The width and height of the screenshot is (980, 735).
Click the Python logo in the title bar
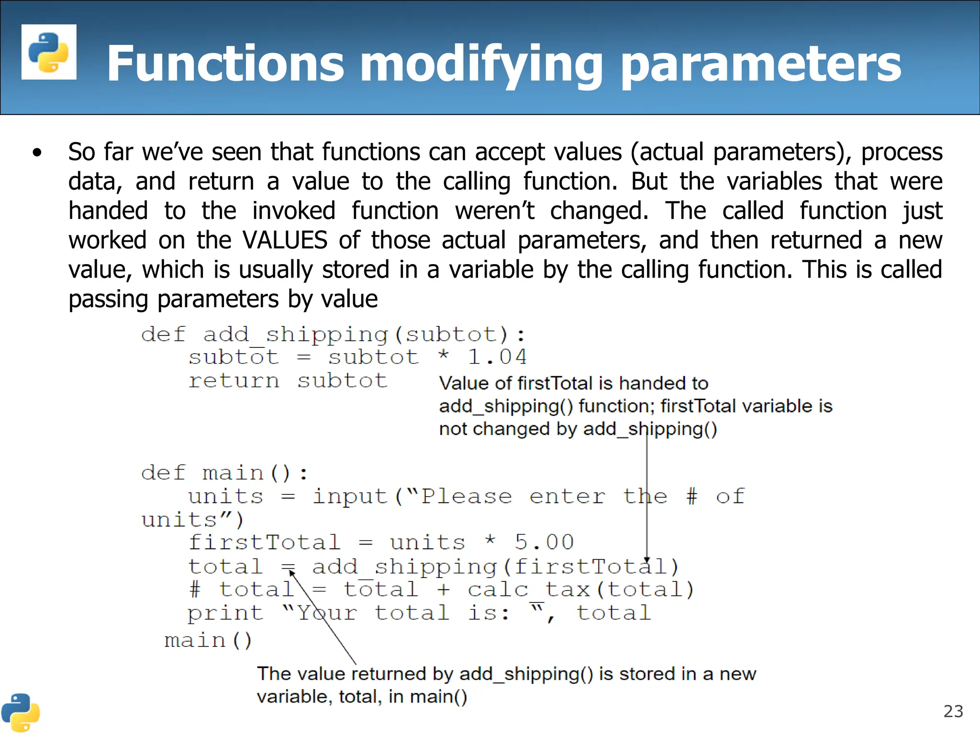(x=49, y=52)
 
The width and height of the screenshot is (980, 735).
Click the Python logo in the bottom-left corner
(x=20, y=713)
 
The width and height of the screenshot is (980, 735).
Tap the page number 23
(x=953, y=712)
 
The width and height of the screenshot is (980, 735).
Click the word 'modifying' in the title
(x=481, y=65)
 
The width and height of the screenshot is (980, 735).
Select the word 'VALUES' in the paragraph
(x=285, y=240)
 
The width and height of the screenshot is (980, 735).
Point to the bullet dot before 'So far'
(x=37, y=153)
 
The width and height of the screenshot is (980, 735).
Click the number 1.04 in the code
(x=497, y=357)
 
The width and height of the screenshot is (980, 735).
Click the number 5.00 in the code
(x=544, y=543)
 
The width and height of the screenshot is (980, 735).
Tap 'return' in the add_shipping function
(x=234, y=381)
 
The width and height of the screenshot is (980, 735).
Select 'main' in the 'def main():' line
(x=233, y=473)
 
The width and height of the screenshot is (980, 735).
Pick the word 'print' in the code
(x=225, y=613)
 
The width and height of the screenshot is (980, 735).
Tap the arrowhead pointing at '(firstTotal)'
(x=647, y=560)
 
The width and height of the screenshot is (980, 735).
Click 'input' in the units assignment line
(x=349, y=497)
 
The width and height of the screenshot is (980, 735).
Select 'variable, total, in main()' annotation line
(x=362, y=697)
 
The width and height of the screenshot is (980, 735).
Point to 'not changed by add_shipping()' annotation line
(x=578, y=429)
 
